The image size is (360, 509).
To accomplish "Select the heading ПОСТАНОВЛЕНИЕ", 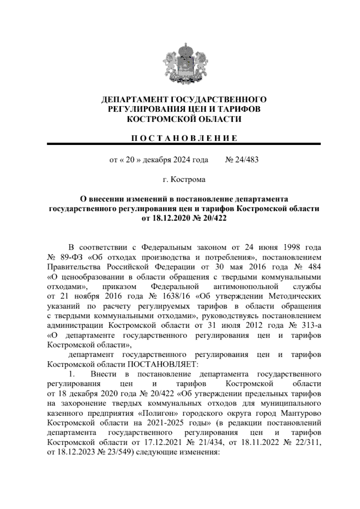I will [184, 138].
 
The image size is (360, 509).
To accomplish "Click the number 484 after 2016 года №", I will [312, 267].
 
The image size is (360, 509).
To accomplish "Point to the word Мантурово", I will [301, 413].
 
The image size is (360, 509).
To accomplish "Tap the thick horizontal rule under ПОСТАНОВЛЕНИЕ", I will [184, 144].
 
